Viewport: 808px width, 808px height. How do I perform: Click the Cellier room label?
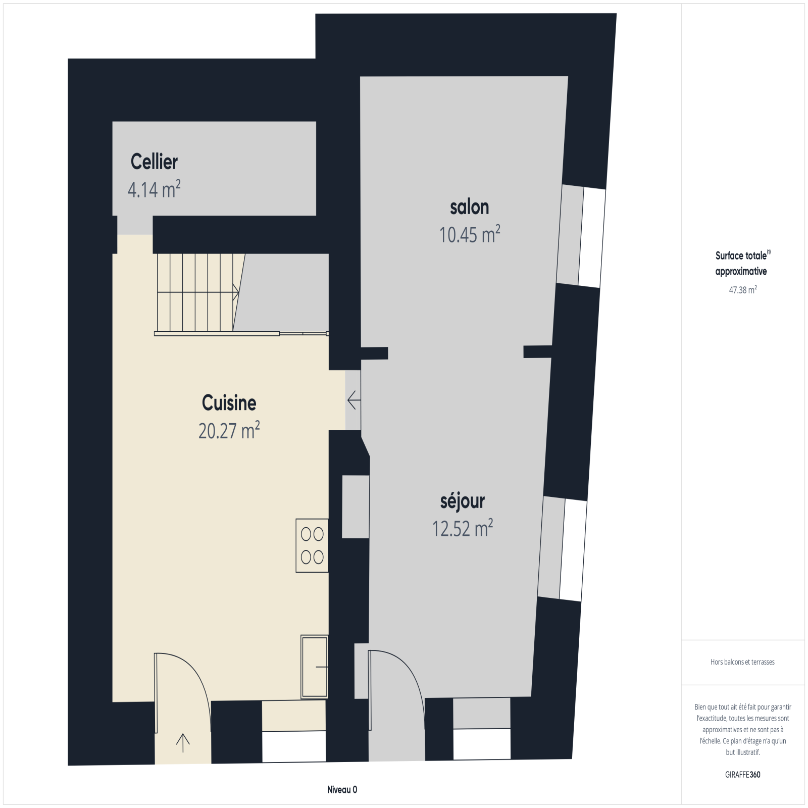tap(154, 162)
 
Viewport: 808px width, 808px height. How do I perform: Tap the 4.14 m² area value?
tap(154, 189)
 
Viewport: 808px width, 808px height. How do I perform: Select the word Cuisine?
tap(229, 402)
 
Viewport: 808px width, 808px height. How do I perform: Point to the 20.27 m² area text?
tap(229, 430)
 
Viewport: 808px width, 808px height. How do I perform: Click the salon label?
tap(470, 207)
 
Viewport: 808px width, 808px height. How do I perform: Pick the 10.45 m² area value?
tap(470, 234)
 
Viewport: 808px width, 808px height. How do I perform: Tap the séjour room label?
tap(463, 501)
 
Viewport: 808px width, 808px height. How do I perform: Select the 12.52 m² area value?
tap(463, 528)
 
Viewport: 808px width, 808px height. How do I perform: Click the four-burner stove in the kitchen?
tap(312, 545)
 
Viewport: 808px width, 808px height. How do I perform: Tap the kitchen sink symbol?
tap(315, 667)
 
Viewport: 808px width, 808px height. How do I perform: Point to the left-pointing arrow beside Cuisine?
tap(354, 400)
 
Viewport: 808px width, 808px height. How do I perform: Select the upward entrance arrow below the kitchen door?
tap(183, 743)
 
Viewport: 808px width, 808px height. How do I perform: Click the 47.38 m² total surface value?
tap(743, 290)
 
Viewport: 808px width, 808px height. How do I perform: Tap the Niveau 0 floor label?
tap(342, 790)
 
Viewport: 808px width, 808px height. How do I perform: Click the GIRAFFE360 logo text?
tap(742, 775)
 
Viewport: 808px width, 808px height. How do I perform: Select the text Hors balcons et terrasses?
tap(742, 662)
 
